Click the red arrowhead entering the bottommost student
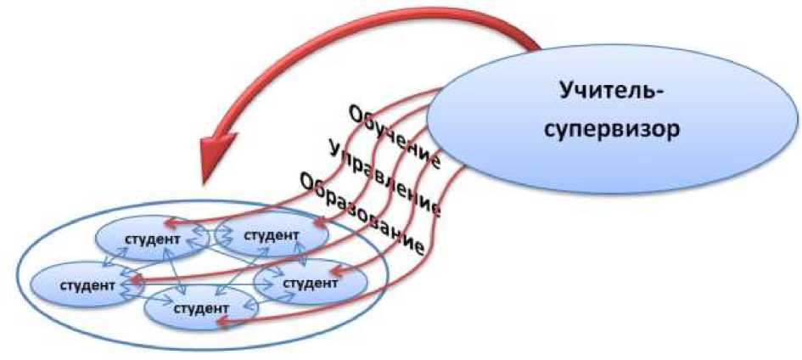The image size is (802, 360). coord(223,321)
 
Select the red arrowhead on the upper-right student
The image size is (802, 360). coord(319,222)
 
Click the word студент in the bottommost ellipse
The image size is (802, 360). coord(201,307)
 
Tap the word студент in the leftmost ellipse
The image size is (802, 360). coord(87,285)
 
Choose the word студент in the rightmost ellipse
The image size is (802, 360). coord(311,283)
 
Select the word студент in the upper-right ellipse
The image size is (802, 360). coord(271,233)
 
